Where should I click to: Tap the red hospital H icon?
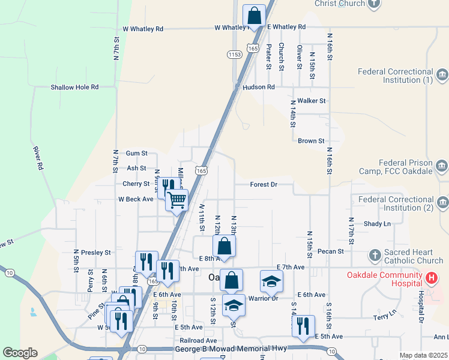pos(431,278)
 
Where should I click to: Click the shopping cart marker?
pos(177,200)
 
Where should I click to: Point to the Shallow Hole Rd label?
pos(74,87)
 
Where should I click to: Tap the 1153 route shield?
pos(235,55)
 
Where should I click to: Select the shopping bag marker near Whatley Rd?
pos(254,15)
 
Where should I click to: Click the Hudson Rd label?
pos(259,87)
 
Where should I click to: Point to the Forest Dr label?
pos(264,185)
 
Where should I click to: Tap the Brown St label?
pos(311,141)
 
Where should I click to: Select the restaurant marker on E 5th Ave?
pos(303,326)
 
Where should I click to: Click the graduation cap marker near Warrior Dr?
pos(271,280)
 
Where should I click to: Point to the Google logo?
pos(20,353)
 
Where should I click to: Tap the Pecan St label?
pos(331,251)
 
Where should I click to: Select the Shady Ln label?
pos(377,224)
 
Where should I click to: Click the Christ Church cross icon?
pos(373,4)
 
